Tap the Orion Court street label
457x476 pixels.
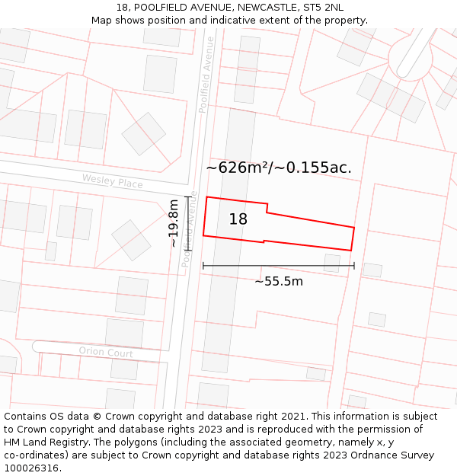click(106, 352)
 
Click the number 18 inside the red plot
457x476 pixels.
click(238, 219)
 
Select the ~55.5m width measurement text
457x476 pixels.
click(278, 282)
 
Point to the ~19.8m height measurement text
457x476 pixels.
click(174, 223)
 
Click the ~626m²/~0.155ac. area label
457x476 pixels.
click(279, 168)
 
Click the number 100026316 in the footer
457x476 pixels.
click(31, 468)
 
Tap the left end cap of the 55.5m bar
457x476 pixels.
click(203, 266)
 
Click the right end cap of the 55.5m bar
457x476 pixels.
click(354, 266)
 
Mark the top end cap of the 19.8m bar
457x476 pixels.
click(188, 197)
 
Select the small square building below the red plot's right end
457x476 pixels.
click(332, 263)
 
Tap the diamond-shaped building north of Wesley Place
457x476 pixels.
click(144, 134)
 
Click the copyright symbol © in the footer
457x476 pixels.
click(97, 417)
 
